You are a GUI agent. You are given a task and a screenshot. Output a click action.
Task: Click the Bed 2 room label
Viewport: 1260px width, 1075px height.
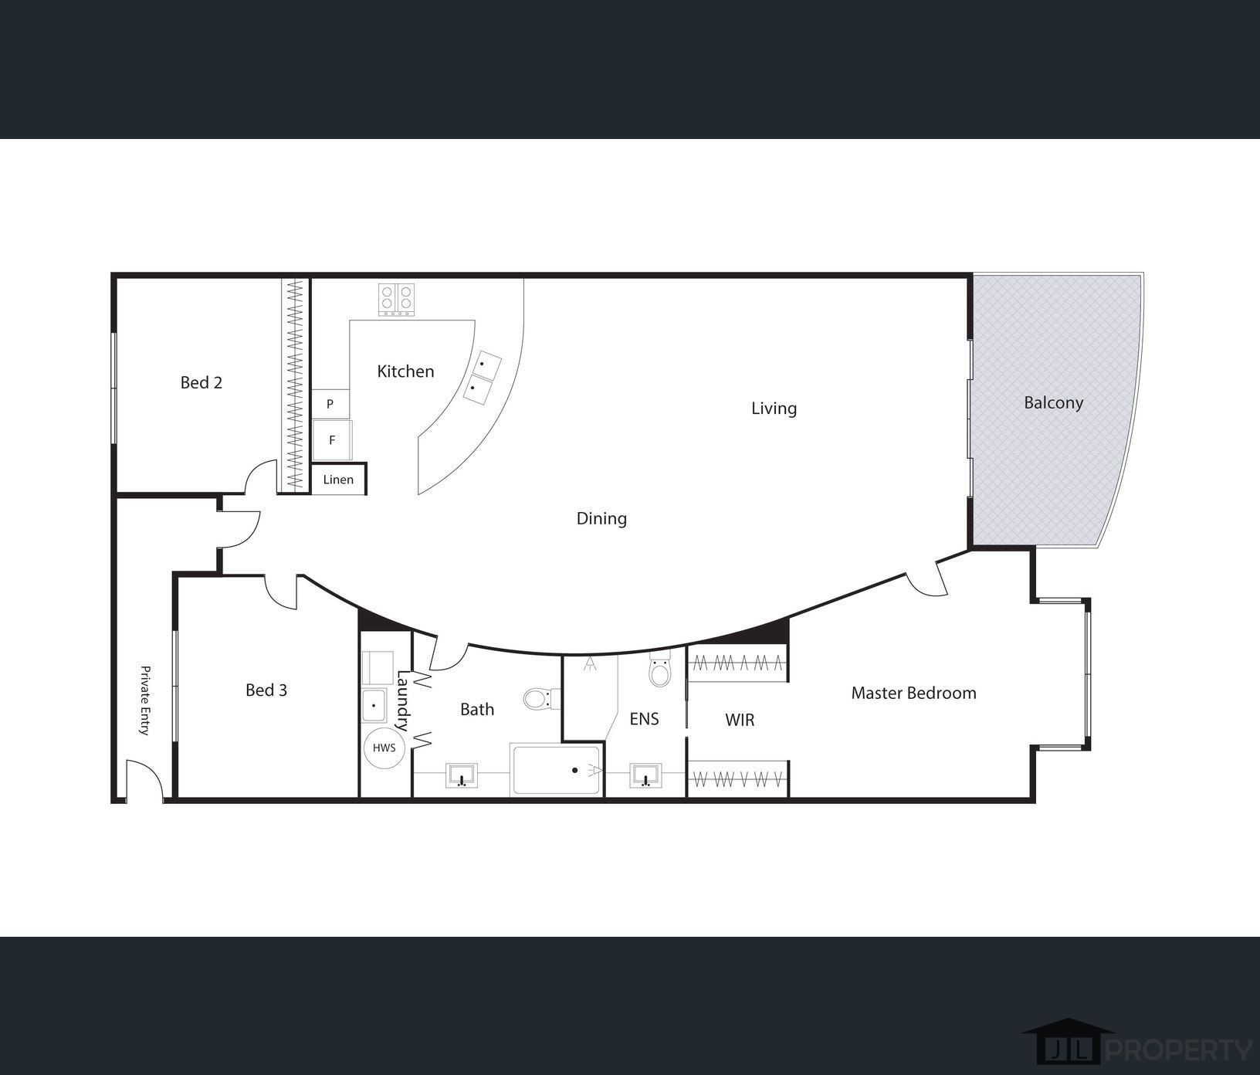(202, 382)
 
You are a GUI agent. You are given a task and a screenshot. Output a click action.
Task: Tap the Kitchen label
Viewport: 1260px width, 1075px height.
(405, 371)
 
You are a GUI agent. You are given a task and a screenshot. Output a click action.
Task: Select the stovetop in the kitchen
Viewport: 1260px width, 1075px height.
(396, 300)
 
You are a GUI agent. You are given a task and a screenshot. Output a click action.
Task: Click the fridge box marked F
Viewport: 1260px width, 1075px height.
(332, 440)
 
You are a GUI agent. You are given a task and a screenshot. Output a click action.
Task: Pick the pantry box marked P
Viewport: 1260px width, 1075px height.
(330, 404)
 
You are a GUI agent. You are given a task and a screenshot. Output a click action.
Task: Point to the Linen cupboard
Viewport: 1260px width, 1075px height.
(338, 480)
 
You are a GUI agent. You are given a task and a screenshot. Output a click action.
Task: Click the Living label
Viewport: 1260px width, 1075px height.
(774, 409)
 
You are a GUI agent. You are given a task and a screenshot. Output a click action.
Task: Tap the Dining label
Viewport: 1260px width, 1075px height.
(601, 518)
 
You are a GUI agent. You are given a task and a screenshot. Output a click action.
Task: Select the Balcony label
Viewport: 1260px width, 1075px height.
(1053, 402)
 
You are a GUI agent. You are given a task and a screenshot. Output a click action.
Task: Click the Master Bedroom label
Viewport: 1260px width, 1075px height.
(913, 693)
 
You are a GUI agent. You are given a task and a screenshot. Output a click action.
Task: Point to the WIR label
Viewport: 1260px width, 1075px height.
(740, 720)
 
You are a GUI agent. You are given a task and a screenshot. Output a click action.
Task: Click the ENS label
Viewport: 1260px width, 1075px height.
(644, 719)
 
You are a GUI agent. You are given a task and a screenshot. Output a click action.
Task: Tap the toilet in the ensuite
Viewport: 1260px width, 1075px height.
(660, 670)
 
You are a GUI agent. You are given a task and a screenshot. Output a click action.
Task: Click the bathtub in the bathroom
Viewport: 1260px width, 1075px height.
(555, 770)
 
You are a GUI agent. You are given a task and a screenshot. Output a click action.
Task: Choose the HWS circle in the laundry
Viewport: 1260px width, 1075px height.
(384, 748)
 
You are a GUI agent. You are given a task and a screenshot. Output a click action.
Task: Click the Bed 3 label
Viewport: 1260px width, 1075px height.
(266, 690)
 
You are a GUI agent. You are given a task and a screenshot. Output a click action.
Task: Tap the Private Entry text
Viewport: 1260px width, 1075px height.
(144, 700)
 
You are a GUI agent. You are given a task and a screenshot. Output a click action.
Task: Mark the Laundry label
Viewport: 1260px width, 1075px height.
(402, 700)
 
